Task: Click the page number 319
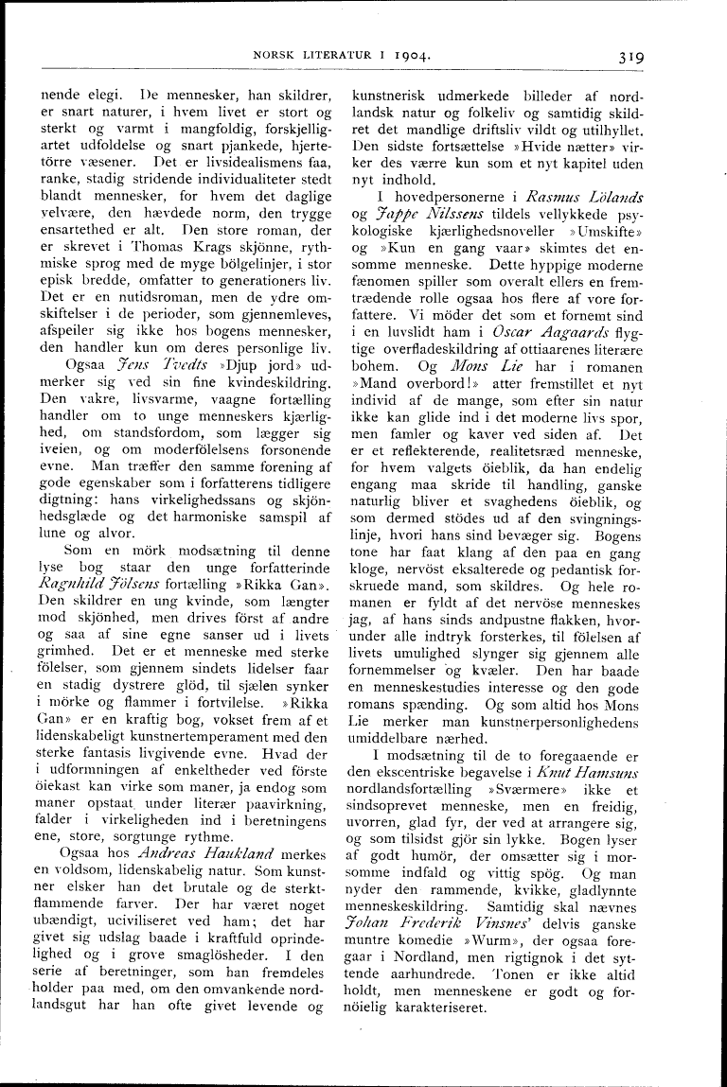point(627,56)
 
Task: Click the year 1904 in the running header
point(413,56)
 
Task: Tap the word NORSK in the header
point(274,56)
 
